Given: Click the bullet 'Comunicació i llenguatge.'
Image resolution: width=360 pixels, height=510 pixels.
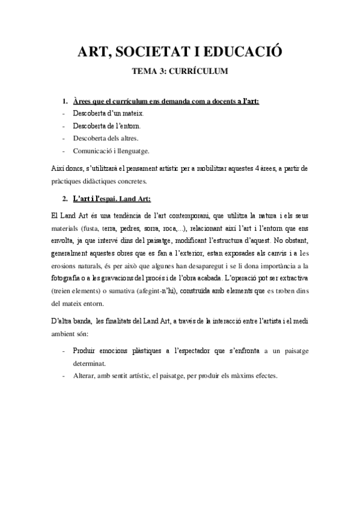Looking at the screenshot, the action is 111,151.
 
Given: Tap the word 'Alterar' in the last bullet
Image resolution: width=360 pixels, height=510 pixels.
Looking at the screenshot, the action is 85,376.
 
